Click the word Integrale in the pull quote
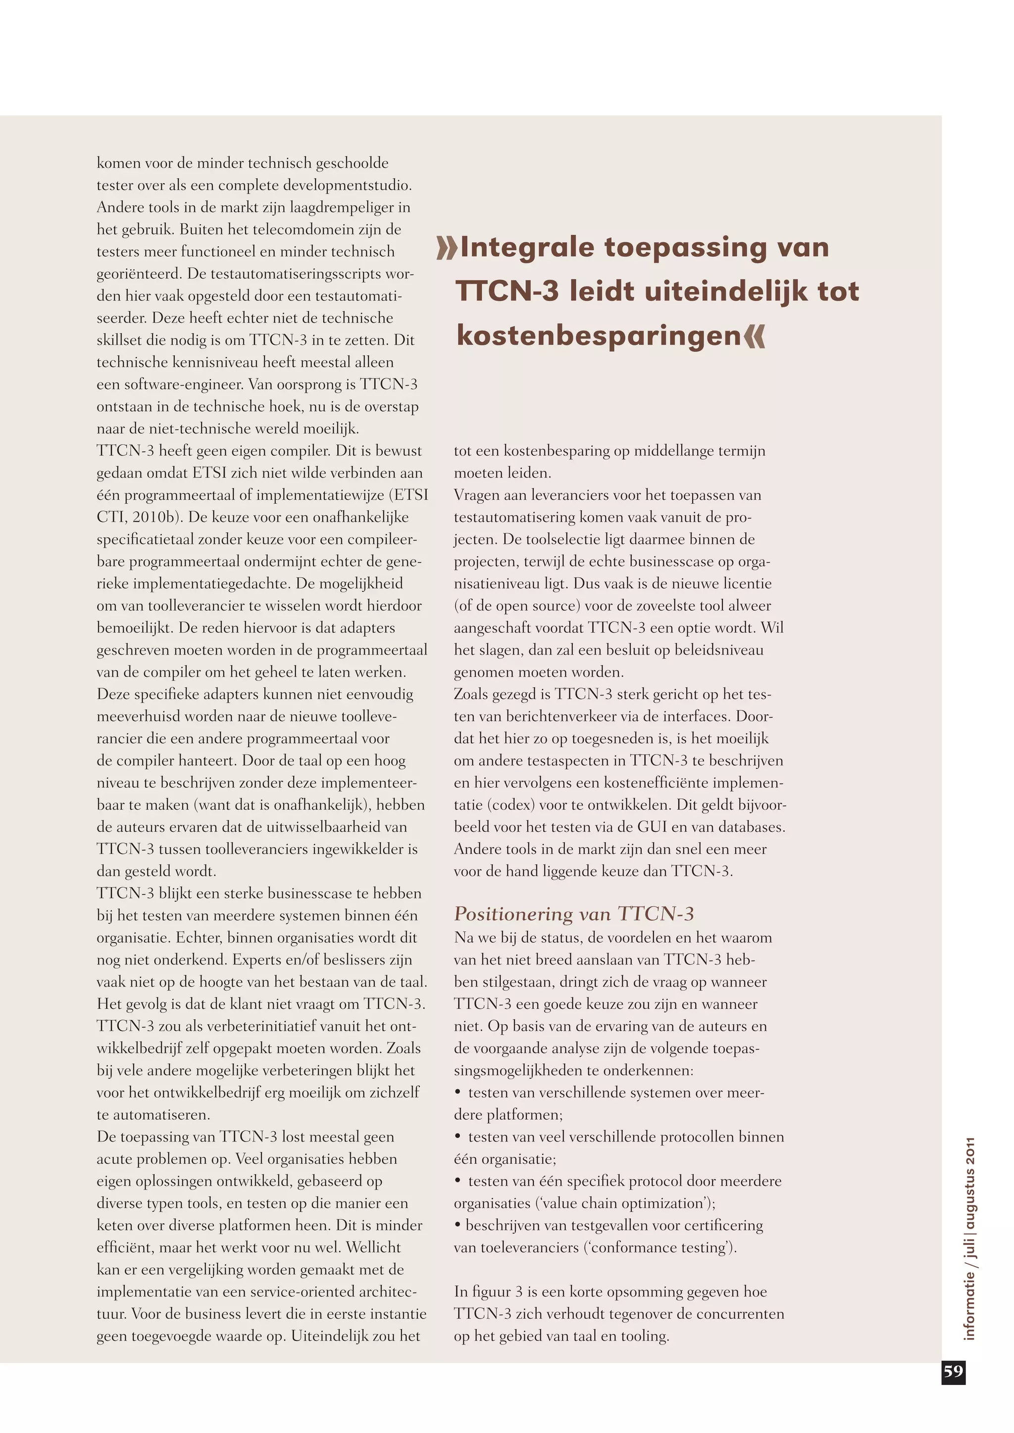point(527,248)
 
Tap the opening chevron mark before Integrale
point(447,248)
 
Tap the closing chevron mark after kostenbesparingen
point(754,336)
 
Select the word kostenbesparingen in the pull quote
point(598,336)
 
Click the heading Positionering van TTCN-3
point(573,914)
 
